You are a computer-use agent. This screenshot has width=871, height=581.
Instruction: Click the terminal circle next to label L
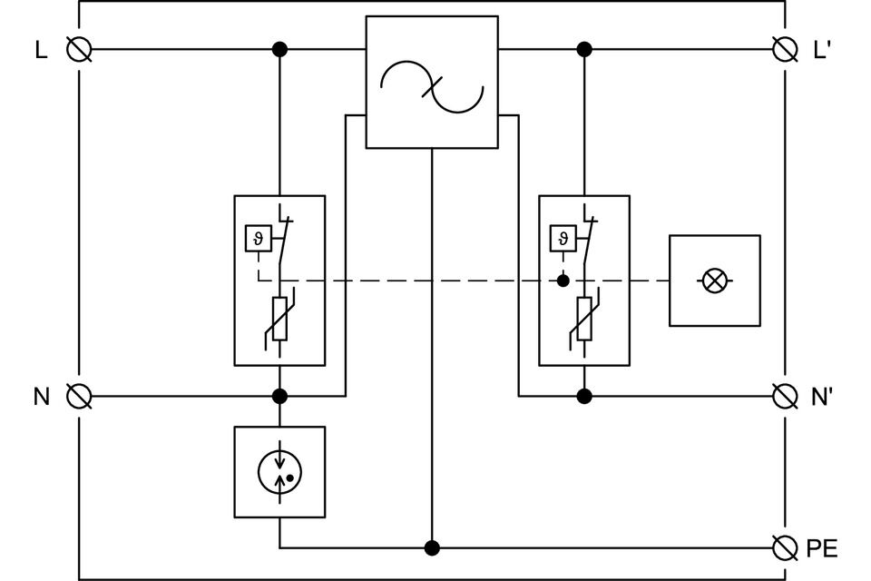point(80,49)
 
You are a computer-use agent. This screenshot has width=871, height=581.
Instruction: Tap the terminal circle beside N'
point(784,396)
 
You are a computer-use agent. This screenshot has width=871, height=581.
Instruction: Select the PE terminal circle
point(784,547)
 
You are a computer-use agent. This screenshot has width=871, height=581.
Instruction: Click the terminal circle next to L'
point(784,49)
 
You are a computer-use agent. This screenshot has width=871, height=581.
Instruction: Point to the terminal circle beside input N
point(80,396)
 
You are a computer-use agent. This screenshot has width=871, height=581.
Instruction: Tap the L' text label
point(822,50)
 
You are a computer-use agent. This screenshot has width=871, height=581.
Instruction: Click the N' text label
point(822,397)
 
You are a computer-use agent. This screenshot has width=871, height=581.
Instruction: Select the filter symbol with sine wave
point(432,82)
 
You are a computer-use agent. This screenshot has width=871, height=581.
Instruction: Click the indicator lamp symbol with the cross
point(715,281)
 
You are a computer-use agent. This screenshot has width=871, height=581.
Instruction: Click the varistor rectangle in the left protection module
point(279,319)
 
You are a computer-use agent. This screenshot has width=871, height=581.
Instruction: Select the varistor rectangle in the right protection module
point(584,319)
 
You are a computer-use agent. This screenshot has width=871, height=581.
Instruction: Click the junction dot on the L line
point(279,49)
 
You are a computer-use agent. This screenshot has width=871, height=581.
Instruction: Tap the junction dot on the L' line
point(584,49)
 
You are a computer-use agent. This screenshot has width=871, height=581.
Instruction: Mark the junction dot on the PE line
point(432,547)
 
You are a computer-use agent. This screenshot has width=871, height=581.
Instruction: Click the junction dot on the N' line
point(584,396)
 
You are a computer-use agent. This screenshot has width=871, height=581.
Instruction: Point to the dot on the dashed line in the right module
point(563,281)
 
